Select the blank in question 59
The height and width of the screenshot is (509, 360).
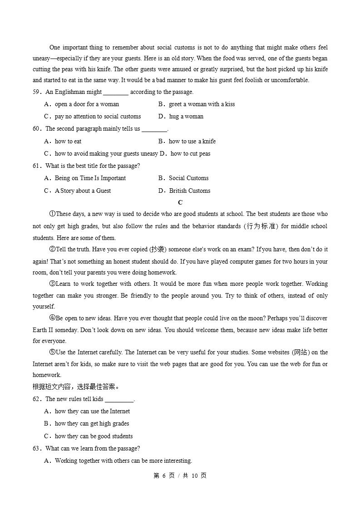[x=116, y=92]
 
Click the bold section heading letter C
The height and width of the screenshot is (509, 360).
[x=180, y=202]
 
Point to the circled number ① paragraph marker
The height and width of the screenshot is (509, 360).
[x=52, y=214]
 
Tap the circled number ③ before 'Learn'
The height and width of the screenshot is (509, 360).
[x=52, y=284]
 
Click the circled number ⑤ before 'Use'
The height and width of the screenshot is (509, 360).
[x=52, y=352]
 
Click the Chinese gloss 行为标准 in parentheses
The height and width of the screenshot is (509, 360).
[x=261, y=226]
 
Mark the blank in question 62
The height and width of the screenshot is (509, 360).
[x=119, y=399]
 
